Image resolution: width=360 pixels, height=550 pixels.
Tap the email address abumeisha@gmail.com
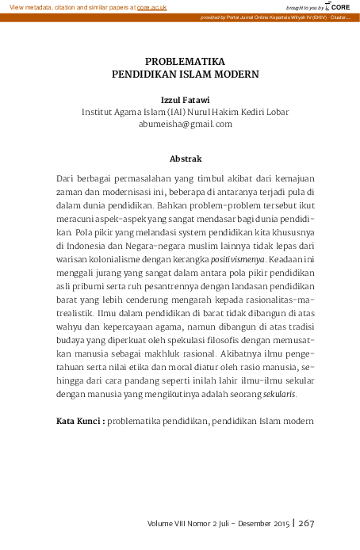(x=186, y=124)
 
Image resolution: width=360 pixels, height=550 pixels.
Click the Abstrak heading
(x=186, y=159)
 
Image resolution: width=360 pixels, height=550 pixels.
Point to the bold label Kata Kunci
(x=79, y=419)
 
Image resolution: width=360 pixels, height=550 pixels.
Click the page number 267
(x=307, y=523)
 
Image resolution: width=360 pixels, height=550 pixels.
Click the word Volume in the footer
(x=165, y=524)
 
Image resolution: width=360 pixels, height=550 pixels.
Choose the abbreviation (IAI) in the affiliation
(x=168, y=113)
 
